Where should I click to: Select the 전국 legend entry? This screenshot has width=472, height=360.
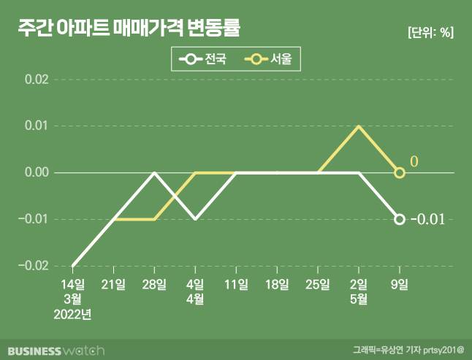click(207, 59)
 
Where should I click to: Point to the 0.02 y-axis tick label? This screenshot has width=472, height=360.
click(36, 80)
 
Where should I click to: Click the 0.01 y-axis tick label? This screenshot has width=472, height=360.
click(36, 126)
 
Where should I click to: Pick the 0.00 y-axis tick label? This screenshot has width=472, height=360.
click(36, 173)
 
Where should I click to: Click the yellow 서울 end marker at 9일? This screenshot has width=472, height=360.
click(400, 172)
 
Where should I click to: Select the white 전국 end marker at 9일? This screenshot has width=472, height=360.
click(400, 219)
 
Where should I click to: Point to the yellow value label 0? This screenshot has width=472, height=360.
click(414, 161)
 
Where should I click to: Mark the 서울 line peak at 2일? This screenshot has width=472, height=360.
click(358, 126)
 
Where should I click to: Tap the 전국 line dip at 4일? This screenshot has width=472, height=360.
click(195, 219)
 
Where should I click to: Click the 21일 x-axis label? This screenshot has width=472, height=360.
click(114, 284)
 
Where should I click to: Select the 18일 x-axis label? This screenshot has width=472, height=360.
click(277, 284)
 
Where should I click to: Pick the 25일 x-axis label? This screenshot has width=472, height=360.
click(318, 284)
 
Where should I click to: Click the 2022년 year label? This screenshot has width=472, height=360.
click(73, 315)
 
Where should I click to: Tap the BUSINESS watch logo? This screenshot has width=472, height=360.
click(58, 349)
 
